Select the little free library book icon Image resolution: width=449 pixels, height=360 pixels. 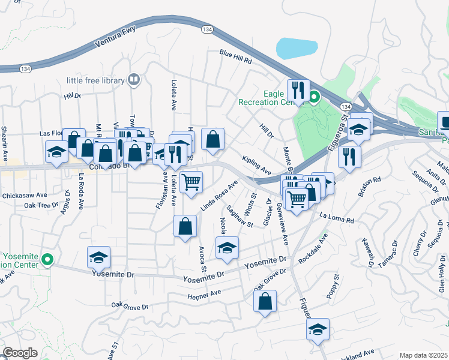(134, 80)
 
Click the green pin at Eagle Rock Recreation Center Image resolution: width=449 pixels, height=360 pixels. (314, 95)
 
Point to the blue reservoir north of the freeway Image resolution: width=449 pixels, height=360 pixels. (297, 47)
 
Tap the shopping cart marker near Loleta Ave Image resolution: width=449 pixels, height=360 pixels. (191, 181)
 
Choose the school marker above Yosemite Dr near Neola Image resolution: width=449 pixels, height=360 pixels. (227, 247)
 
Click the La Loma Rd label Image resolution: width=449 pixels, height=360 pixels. (337, 218)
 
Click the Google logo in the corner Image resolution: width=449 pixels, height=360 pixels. (19, 353)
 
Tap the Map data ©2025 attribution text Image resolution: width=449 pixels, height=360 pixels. (423, 355)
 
